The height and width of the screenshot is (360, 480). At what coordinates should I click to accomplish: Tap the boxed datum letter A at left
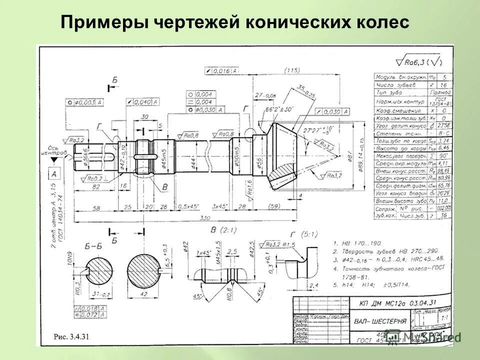tap(53, 174)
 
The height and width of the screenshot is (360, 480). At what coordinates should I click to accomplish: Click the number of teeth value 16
tap(443, 85)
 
